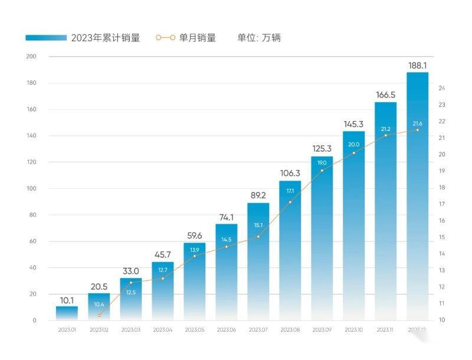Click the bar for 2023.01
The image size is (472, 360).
point(67,313)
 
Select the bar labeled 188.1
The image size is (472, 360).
point(417,195)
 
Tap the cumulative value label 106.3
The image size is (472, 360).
point(290,174)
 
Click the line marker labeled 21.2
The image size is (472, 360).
point(385,135)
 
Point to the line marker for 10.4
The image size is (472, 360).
point(99,315)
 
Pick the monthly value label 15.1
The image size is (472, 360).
point(258,225)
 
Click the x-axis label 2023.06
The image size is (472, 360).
point(226,329)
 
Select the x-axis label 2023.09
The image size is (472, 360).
point(322,329)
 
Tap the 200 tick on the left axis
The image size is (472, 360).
point(31,57)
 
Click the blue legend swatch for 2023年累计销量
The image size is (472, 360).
point(46,38)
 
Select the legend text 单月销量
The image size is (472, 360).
point(197,38)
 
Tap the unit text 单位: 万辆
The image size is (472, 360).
point(259,38)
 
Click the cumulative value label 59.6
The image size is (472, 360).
point(194,235)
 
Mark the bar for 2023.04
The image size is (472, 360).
point(162,292)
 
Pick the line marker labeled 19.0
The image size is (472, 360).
point(322,171)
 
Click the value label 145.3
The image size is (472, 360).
point(353,125)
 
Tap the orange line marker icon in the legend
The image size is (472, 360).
point(165,38)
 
